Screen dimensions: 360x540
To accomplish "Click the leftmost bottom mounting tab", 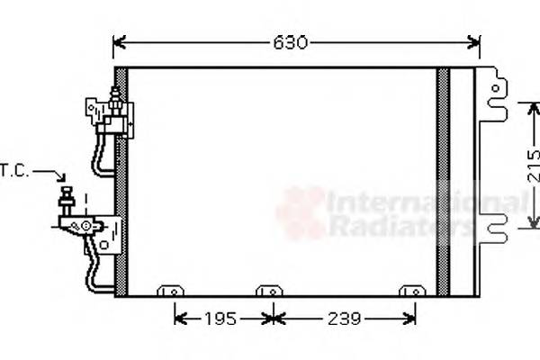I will coord(169,291).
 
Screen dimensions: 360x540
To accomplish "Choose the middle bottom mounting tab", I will coord(268,291).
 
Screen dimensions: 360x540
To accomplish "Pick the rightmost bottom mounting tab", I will coord(412,291).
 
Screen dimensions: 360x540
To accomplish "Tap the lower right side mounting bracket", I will coord(492,232).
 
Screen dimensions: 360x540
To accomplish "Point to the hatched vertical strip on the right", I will coord(443,180).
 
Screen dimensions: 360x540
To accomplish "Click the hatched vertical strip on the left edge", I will coord(121,180).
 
